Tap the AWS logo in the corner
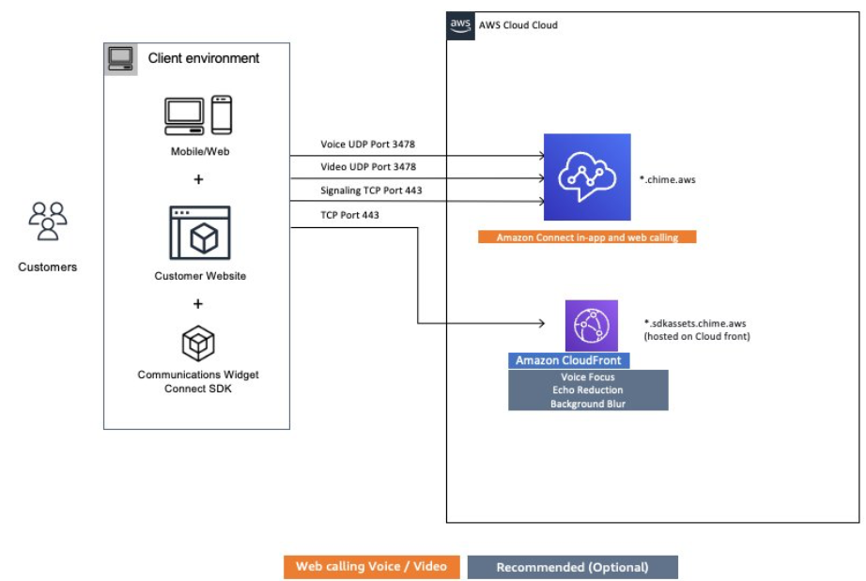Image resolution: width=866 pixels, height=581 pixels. tap(460, 25)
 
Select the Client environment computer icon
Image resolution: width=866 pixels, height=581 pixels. tap(120, 59)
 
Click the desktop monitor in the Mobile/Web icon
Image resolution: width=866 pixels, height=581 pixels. tap(185, 115)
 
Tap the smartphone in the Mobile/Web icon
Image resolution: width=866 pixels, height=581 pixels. tap(222, 115)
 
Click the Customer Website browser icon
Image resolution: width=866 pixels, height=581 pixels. tap(198, 233)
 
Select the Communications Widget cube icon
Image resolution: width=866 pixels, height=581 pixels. tap(198, 344)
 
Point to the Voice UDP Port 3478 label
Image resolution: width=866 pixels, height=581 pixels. tap(367, 145)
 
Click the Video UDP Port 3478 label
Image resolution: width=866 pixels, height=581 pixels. tap(367, 167)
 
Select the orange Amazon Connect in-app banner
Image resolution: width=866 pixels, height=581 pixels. tap(587, 237)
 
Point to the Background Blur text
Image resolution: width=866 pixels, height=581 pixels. tap(588, 404)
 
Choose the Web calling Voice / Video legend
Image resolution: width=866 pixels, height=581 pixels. tap(372, 567)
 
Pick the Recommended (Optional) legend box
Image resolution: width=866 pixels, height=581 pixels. tap(572, 567)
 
